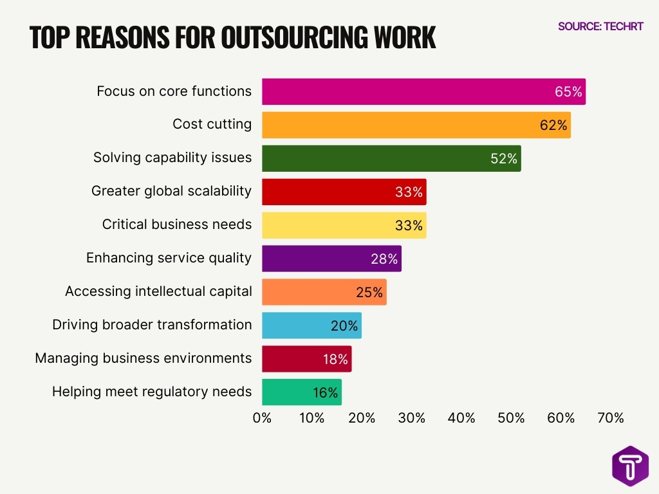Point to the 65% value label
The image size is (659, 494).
568,91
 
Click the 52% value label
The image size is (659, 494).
504,158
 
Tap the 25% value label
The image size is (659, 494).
369,292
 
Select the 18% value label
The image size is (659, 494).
335,359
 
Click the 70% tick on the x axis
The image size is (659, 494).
611,418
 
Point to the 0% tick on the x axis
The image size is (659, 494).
262,418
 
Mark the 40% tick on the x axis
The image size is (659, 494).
461,418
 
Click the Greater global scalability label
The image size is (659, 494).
171,191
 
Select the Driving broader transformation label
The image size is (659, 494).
152,324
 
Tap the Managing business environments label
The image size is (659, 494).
143,358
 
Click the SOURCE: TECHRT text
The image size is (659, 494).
600,26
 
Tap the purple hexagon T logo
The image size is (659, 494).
630,466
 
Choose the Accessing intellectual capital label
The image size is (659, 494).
158,291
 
